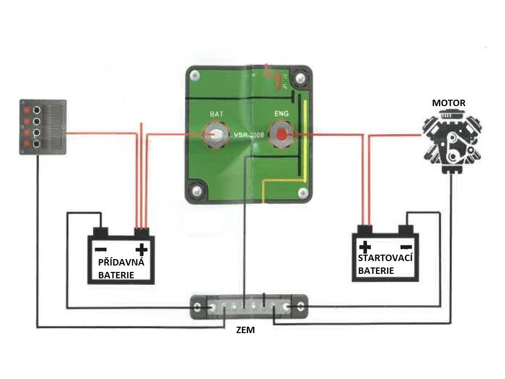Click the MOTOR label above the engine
pyautogui.click(x=448, y=103)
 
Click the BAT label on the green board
pyautogui.click(x=216, y=114)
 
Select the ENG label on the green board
pyautogui.click(x=281, y=114)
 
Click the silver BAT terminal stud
pyautogui.click(x=216, y=134)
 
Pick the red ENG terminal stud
pyautogui.click(x=282, y=134)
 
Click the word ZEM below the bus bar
pyautogui.click(x=245, y=330)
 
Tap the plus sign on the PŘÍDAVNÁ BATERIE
pyautogui.click(x=142, y=248)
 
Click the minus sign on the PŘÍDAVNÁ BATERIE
pyautogui.click(x=100, y=248)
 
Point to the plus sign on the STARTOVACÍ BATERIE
pyautogui.click(x=365, y=246)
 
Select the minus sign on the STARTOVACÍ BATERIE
pyautogui.click(x=406, y=246)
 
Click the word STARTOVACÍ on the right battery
pyautogui.click(x=385, y=259)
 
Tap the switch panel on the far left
pyautogui.click(x=42, y=127)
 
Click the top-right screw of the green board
pyautogui.click(x=299, y=77)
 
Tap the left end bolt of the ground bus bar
pyautogui.click(x=198, y=308)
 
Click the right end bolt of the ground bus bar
pyautogui.click(x=300, y=308)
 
